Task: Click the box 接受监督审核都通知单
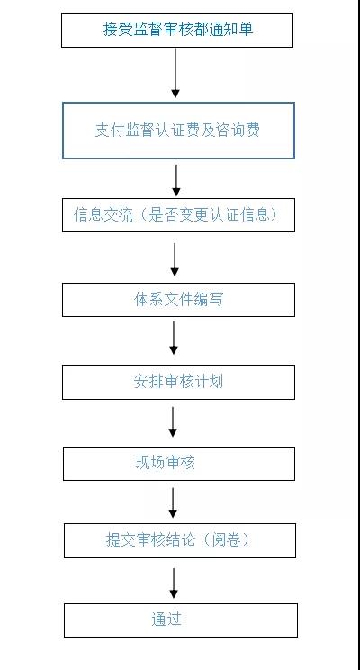tap(177, 30)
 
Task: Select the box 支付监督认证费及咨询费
tap(177, 131)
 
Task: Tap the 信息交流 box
tap(177, 215)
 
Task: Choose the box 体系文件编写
tap(177, 299)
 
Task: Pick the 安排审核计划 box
tap(177, 382)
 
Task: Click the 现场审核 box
tap(178, 464)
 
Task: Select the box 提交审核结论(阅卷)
tap(178, 540)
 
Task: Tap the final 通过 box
tap(180, 620)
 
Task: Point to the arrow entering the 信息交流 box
tap(176, 179)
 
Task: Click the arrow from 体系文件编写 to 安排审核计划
tap(174, 338)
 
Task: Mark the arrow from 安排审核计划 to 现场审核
tap(173, 421)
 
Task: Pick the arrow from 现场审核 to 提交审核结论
tap(173, 502)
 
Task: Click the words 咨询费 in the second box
tap(240, 131)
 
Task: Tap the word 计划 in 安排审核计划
tap(210, 382)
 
